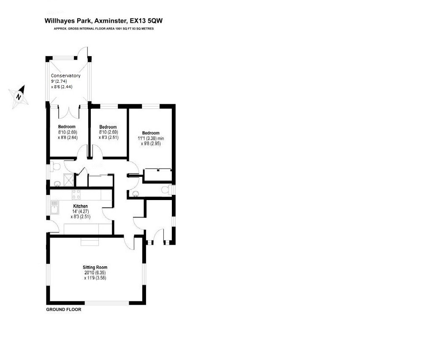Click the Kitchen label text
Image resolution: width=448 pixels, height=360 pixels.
click(x=80, y=206)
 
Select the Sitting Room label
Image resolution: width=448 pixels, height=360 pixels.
click(x=95, y=267)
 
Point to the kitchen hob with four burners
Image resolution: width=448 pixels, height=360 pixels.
click(x=77, y=194)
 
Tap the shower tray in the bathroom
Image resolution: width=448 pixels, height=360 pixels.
click(x=68, y=181)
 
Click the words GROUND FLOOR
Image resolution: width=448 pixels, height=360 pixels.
click(x=63, y=309)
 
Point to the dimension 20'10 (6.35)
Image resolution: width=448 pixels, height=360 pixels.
click(x=95, y=273)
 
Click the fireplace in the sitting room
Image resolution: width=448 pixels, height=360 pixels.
click(x=90, y=241)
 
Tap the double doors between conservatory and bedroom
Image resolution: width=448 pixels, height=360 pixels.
click(x=69, y=112)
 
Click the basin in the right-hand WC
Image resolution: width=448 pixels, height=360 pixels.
click(x=136, y=194)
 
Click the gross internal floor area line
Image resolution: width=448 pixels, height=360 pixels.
click(x=104, y=29)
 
